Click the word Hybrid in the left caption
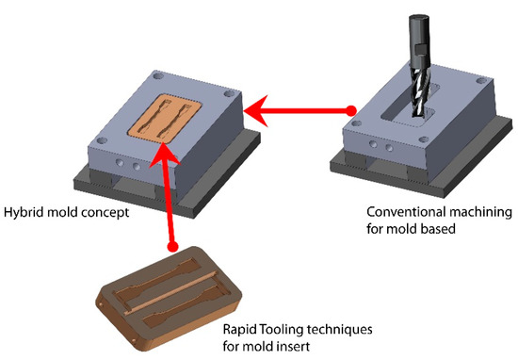[24, 212]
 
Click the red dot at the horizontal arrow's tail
[351, 110]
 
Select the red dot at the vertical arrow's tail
[172, 246]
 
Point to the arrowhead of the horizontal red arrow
[256, 111]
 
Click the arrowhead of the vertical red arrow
[164, 154]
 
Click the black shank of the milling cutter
[419, 40]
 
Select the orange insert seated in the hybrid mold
[165, 119]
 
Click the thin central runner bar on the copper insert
[171, 292]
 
